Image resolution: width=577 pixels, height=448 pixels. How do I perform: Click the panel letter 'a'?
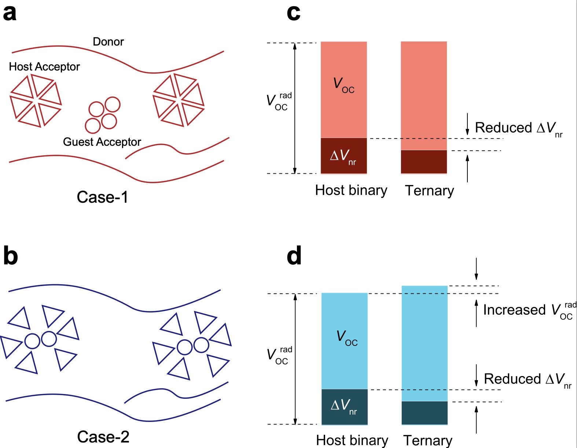click(10, 14)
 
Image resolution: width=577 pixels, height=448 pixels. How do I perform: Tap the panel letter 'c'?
click(293, 14)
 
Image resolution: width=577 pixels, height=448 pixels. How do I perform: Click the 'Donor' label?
click(108, 42)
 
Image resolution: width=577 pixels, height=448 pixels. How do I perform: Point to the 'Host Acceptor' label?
click(44, 67)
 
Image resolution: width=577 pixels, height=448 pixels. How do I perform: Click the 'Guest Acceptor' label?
click(102, 142)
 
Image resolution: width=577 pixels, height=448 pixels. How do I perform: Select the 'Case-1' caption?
click(102, 197)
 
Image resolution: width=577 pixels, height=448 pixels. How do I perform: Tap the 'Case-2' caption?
click(103, 437)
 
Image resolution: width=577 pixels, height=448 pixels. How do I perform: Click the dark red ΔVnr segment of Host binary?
click(343, 156)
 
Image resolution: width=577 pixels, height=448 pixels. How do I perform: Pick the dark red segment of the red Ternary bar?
click(424, 162)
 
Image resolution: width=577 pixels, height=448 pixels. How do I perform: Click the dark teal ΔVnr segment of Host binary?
click(344, 407)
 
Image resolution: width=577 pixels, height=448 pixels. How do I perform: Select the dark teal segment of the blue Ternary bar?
click(425, 413)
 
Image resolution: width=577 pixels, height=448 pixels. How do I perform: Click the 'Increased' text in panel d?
click(514, 310)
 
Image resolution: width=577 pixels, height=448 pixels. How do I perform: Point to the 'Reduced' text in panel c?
click(503, 128)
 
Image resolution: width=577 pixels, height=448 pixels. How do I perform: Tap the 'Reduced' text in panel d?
click(512, 379)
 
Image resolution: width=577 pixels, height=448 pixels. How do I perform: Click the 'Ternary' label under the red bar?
click(429, 191)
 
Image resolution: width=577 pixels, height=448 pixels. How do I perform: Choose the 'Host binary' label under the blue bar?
click(352, 440)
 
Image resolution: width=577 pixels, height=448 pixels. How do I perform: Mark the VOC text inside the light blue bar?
click(346, 337)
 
